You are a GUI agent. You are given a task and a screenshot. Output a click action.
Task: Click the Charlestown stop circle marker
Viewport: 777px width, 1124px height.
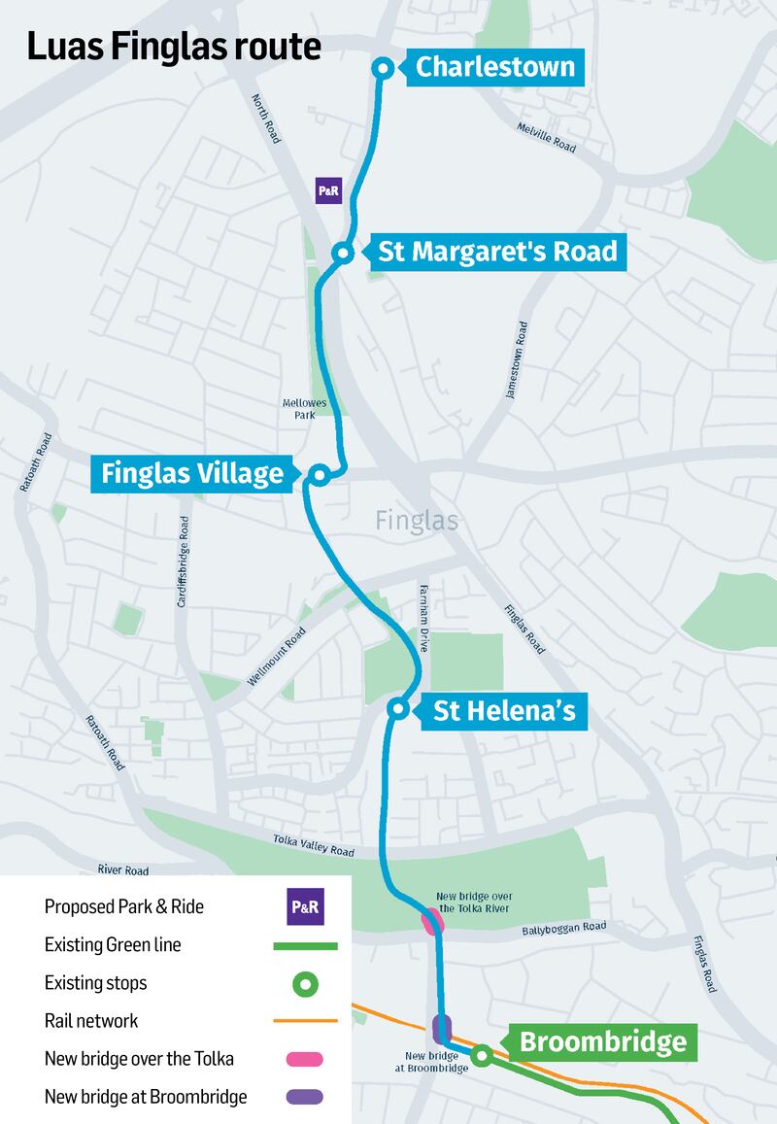(x=384, y=68)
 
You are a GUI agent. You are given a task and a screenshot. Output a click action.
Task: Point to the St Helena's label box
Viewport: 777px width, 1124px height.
(x=504, y=711)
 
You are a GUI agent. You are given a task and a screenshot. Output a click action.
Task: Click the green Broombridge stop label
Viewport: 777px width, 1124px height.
(x=602, y=1042)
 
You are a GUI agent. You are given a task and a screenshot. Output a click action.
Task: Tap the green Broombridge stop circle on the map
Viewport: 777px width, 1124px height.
(x=481, y=1053)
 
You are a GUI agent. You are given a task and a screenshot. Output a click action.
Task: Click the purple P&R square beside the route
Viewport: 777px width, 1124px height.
(x=329, y=190)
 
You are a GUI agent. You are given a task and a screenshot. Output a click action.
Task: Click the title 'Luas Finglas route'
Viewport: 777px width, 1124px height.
(x=174, y=47)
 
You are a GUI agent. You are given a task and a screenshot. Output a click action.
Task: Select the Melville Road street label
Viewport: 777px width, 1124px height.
(x=547, y=137)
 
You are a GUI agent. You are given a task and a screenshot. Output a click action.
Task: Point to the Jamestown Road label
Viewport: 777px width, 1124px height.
(x=516, y=360)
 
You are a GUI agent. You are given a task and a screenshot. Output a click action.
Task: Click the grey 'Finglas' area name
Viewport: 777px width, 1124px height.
(x=417, y=522)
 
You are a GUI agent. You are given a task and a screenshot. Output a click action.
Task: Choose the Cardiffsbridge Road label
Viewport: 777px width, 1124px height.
(x=182, y=562)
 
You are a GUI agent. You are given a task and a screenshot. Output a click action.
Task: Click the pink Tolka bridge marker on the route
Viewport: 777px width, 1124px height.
(x=432, y=921)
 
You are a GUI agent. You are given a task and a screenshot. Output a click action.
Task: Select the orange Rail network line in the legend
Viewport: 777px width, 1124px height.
(x=305, y=1021)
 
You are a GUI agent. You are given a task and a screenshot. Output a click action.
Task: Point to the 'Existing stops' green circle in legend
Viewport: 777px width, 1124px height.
(x=305, y=983)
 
